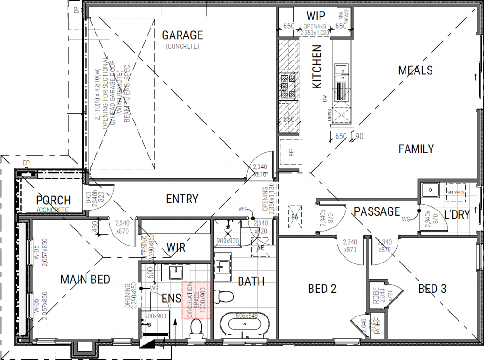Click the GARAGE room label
pyautogui.click(x=182, y=35)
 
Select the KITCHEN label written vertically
pyautogui.click(x=317, y=66)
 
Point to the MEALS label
pyautogui.click(x=415, y=70)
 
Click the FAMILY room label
pyautogui.click(x=416, y=149)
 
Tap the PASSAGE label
pyautogui.click(x=377, y=211)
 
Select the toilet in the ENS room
pyautogui.click(x=196, y=329)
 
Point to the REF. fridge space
pyautogui.click(x=290, y=151)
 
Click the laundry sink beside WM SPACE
pyautogui.click(x=430, y=190)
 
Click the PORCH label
pyautogui.click(x=53, y=201)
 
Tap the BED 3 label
pyautogui.click(x=432, y=289)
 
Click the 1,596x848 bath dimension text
pyautogui.click(x=243, y=316)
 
